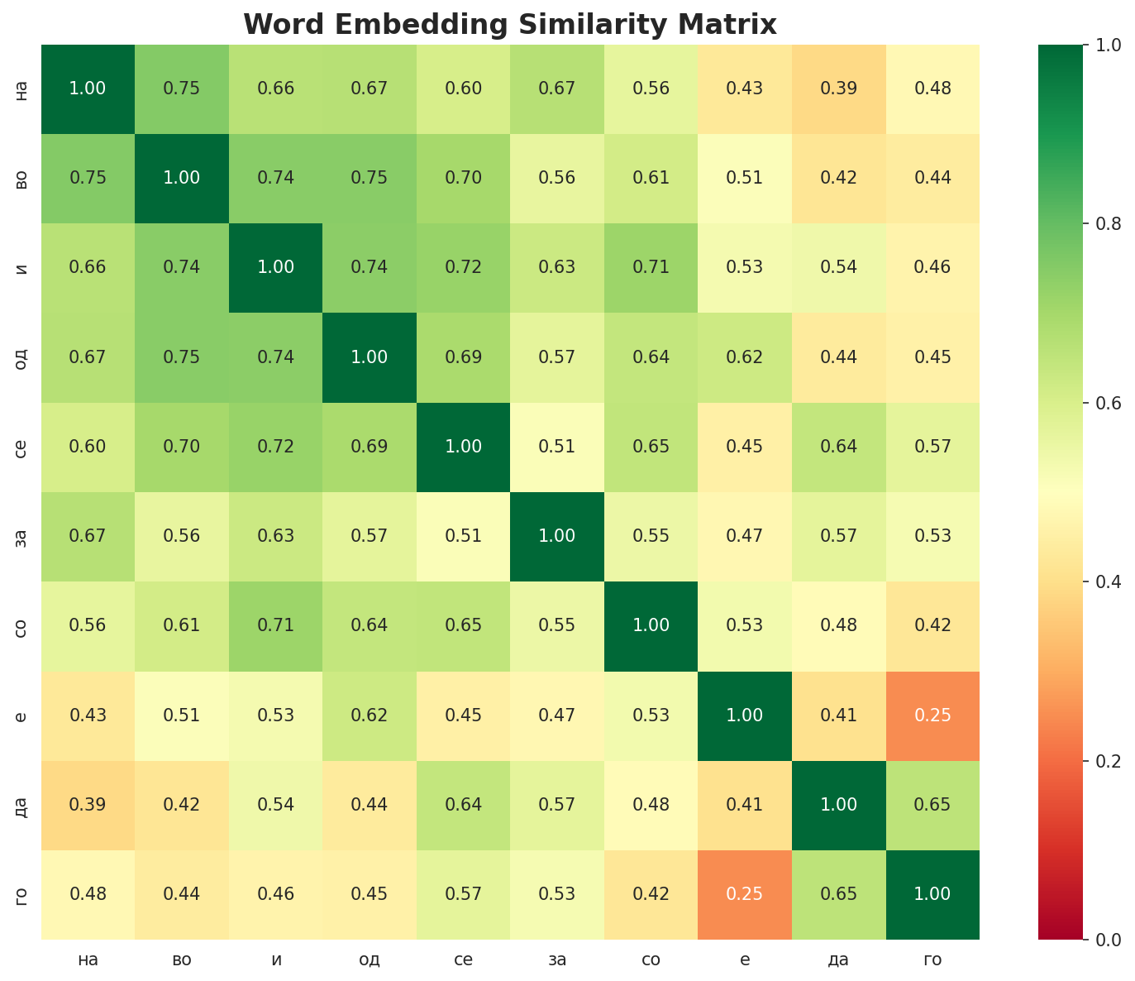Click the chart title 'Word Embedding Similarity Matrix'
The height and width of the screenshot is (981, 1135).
click(510, 25)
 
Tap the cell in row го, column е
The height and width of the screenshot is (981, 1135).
click(745, 894)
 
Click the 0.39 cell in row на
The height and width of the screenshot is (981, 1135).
click(838, 89)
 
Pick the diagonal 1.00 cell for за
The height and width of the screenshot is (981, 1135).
click(557, 536)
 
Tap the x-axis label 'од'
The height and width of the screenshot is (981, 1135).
click(370, 960)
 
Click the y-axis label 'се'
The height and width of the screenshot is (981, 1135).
click(22, 447)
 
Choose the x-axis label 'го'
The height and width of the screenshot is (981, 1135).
click(932, 960)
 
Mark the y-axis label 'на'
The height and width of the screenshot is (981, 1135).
click(22, 89)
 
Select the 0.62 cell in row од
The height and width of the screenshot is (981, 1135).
click(745, 357)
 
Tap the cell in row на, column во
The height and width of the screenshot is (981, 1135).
click(182, 89)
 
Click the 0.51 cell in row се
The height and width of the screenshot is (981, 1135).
click(557, 447)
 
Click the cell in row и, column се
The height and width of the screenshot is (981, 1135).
click(463, 267)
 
